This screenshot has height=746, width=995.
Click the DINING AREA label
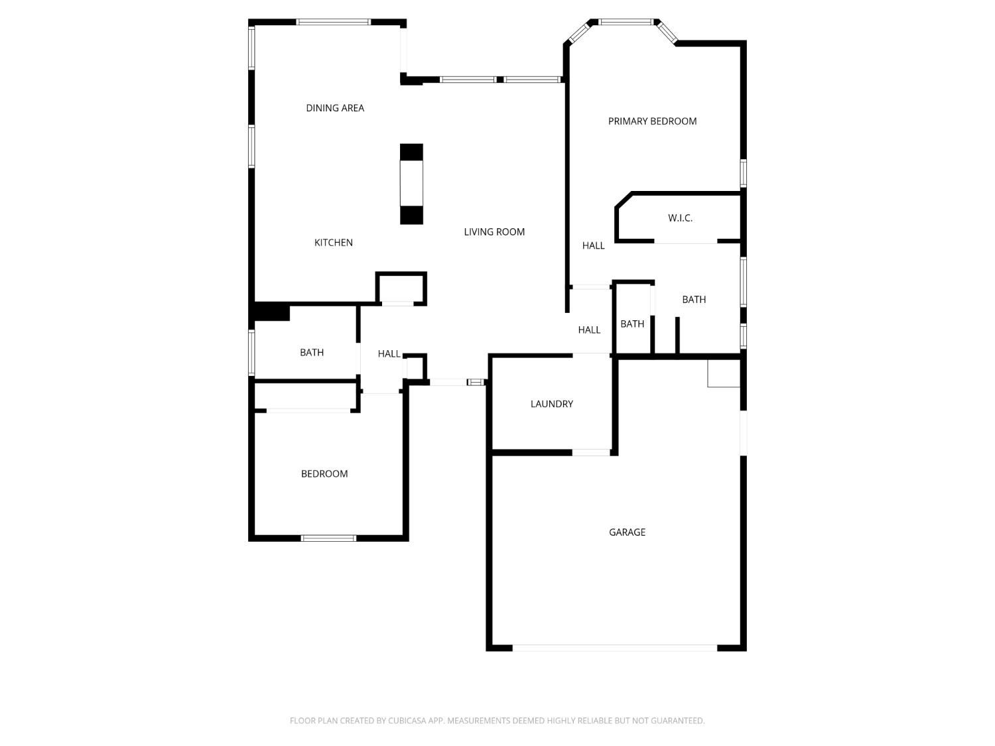click(x=334, y=108)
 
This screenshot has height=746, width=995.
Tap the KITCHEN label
click(x=333, y=242)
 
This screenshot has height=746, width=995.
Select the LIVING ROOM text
click(x=494, y=231)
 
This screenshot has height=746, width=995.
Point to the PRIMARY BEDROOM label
click(x=652, y=121)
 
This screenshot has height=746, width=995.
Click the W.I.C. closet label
click(x=679, y=218)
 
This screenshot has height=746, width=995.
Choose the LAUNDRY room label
click(x=551, y=404)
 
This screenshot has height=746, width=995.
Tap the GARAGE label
click(x=626, y=532)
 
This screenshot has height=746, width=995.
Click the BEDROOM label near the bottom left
click(x=324, y=473)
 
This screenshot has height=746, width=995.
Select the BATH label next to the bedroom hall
click(x=311, y=352)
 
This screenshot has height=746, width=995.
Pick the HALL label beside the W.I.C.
click(x=593, y=245)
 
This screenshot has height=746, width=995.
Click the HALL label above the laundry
click(x=589, y=330)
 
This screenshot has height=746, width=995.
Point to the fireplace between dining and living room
click(x=411, y=184)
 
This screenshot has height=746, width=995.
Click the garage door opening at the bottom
click(x=614, y=648)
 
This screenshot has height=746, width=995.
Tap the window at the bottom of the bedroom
click(x=328, y=538)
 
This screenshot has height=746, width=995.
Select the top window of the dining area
click(x=333, y=22)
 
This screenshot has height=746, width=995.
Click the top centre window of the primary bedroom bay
click(x=626, y=22)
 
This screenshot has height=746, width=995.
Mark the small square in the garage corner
click(x=724, y=373)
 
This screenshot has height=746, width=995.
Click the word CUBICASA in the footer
click(x=407, y=721)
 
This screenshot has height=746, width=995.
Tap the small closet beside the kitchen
click(x=401, y=288)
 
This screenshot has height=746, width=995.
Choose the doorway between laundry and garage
click(x=590, y=452)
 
